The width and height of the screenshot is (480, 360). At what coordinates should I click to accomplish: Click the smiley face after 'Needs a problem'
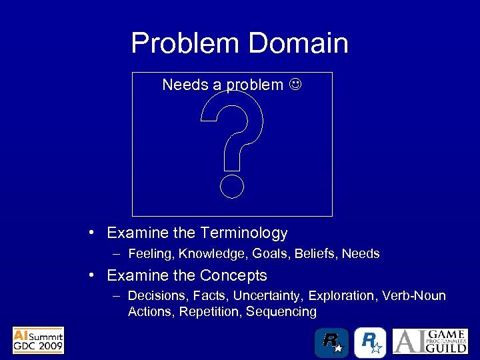(295, 85)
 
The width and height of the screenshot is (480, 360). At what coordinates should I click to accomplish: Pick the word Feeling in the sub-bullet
(151, 254)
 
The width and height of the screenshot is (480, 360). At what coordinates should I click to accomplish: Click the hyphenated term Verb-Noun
(414, 295)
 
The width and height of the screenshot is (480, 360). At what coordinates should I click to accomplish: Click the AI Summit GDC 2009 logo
(38, 340)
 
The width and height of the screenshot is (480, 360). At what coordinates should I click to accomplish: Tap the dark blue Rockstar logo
(331, 342)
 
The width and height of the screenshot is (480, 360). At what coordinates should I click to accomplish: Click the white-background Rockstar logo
(370, 342)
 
